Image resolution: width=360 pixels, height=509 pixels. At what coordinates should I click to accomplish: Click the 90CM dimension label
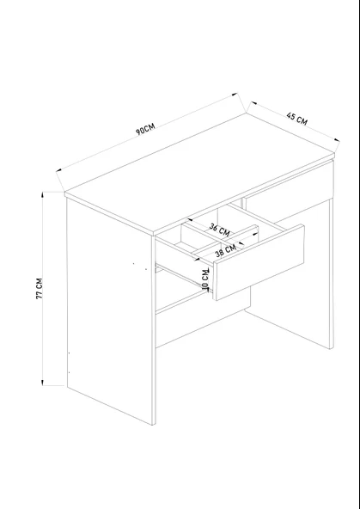click(145, 129)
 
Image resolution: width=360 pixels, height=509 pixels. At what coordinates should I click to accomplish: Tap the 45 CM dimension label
click(296, 118)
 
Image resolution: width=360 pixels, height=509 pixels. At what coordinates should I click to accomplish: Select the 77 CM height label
click(40, 289)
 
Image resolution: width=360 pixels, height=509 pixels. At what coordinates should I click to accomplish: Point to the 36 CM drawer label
click(219, 230)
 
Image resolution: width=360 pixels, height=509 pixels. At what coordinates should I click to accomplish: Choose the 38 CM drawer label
click(225, 251)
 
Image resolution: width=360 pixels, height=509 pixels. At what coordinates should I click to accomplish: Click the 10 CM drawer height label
click(205, 279)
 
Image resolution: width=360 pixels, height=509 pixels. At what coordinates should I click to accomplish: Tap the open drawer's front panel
click(259, 262)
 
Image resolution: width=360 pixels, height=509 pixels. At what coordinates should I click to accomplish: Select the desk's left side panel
click(109, 311)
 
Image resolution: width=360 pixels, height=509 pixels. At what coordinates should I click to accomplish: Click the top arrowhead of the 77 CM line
click(42, 195)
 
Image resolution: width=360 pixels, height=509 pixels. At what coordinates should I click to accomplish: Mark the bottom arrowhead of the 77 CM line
click(42, 383)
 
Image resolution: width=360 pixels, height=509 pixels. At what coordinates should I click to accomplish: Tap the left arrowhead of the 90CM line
click(59, 169)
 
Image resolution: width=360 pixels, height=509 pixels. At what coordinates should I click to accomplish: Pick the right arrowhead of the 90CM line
click(235, 95)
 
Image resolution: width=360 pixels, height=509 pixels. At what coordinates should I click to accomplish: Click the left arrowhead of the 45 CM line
click(253, 103)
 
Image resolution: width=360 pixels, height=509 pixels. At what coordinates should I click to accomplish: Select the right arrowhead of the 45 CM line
click(337, 140)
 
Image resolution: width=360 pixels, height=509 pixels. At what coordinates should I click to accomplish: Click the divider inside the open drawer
click(223, 240)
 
